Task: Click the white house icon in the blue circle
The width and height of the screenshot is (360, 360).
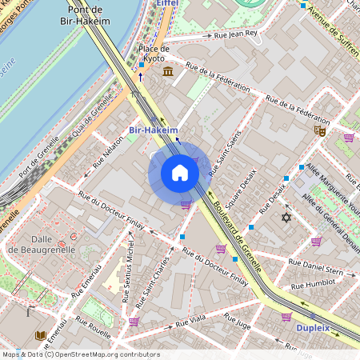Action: [x=180, y=173]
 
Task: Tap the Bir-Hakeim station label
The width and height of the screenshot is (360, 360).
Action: [x=151, y=129]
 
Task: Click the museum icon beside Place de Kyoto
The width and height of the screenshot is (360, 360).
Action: [x=167, y=73]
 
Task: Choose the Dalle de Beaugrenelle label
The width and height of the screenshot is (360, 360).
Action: [x=42, y=243]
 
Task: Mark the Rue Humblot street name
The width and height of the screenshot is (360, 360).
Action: [x=313, y=285]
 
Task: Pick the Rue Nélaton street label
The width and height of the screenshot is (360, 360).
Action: [x=108, y=152]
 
